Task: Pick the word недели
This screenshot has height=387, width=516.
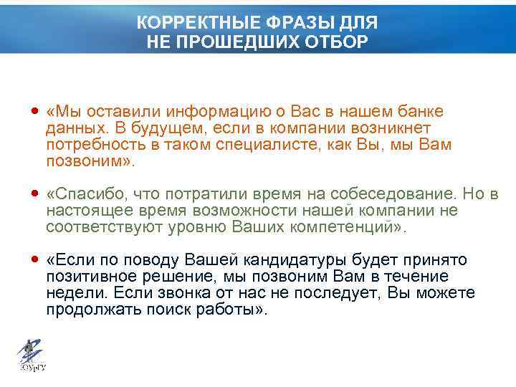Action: (x=70, y=293)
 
